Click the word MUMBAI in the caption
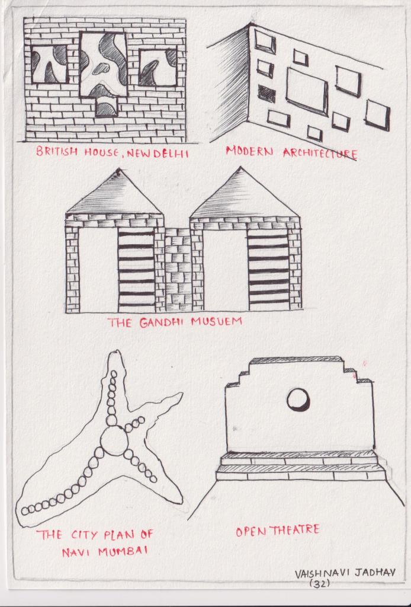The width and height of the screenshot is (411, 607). [x=123, y=551]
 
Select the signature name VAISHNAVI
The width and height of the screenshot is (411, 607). [x=322, y=574]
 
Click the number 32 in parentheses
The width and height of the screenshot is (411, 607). [x=320, y=583]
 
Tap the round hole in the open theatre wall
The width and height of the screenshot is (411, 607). [x=298, y=400]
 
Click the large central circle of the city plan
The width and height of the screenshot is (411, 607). [x=113, y=441]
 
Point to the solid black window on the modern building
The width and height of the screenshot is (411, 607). [x=266, y=94]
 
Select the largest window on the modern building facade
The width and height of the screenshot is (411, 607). [x=307, y=91]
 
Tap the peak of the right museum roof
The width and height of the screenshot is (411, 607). [x=241, y=168]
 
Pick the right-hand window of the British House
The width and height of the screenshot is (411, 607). [x=158, y=68]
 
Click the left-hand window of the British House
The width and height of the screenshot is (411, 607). [x=49, y=64]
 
